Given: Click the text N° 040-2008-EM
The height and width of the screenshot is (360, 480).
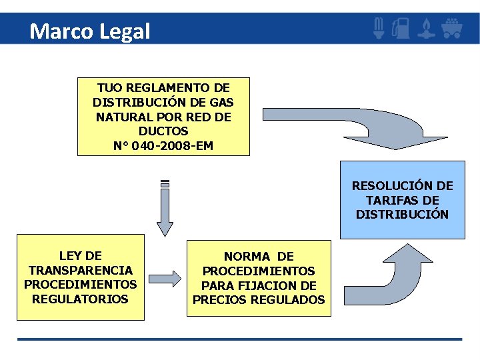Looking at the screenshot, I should (163, 145).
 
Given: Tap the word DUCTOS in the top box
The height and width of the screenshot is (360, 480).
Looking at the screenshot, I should (163, 131).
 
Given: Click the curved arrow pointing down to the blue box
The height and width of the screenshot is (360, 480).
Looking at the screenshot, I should (373, 127).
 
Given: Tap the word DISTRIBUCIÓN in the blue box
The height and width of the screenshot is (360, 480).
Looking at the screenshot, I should (402, 215).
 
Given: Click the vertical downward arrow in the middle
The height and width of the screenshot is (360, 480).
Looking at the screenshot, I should (165, 210).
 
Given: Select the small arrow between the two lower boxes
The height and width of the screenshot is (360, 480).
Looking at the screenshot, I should (164, 279).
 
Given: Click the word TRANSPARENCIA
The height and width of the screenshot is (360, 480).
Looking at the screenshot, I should (81, 270).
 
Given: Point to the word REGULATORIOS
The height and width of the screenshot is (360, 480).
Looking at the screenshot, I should (80, 299).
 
